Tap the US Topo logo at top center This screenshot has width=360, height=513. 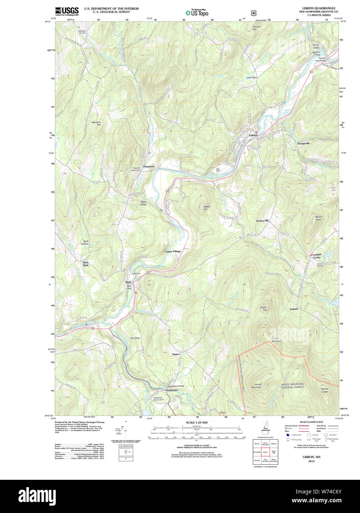[197, 13]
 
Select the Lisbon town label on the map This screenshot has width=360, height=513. [253, 135]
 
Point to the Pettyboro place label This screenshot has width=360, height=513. [149, 167]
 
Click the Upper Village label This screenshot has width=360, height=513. [173, 251]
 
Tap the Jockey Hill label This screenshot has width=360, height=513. [262, 221]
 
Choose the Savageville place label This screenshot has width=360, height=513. [304, 143]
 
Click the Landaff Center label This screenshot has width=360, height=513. [317, 256]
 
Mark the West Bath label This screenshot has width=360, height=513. [86, 264]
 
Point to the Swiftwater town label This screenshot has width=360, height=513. [172, 390]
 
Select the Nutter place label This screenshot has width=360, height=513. [176, 354]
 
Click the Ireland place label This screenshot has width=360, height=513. [294, 309]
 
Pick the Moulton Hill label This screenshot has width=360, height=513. [96, 124]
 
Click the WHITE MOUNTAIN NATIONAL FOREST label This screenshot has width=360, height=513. [292, 386]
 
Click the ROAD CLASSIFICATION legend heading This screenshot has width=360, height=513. [312, 422]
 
